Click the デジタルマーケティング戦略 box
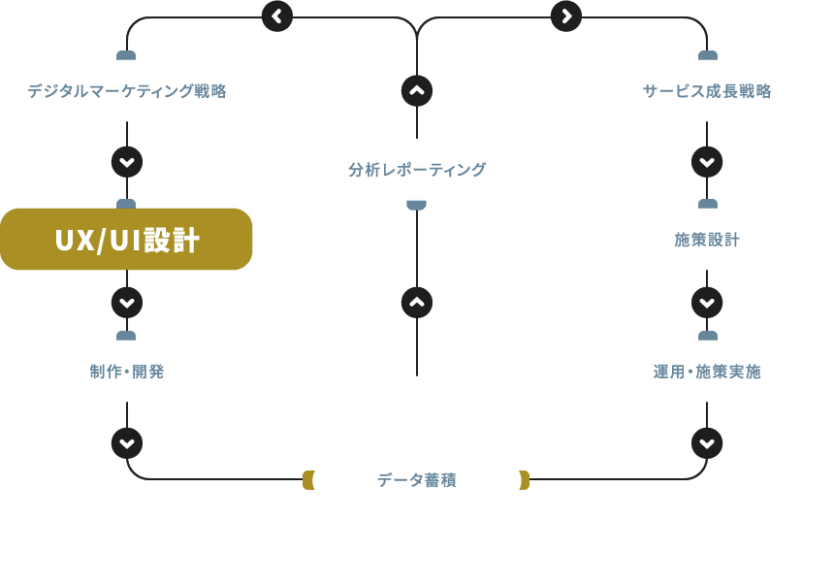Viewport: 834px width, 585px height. (x=126, y=91)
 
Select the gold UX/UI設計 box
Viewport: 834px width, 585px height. (x=126, y=240)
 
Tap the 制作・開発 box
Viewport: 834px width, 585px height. (x=126, y=371)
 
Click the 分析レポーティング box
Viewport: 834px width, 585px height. (x=416, y=170)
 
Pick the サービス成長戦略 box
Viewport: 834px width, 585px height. (x=707, y=91)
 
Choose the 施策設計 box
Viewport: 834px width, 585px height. (x=707, y=240)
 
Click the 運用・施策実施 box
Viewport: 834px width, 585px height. (x=707, y=371)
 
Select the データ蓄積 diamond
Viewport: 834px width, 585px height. (x=416, y=480)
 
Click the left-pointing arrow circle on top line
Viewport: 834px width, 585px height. (x=277, y=16)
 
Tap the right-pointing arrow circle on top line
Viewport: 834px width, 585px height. (x=565, y=16)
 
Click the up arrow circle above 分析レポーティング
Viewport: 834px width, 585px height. (x=416, y=91)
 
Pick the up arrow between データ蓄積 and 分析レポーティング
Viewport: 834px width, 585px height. (x=416, y=303)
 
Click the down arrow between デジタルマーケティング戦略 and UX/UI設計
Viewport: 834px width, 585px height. (x=127, y=161)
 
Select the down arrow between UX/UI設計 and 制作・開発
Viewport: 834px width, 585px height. (x=127, y=303)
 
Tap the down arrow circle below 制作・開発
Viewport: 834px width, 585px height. (x=127, y=443)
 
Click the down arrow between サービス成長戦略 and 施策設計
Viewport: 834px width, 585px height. (x=707, y=161)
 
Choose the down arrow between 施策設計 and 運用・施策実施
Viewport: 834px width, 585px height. (x=707, y=303)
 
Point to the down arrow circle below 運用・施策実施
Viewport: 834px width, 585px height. (x=707, y=443)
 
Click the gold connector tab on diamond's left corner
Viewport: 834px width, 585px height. (x=307, y=480)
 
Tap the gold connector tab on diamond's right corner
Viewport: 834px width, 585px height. (x=525, y=480)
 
